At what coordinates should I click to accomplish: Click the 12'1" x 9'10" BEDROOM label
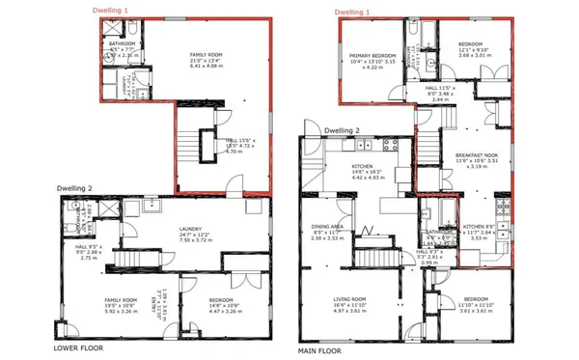pyautogui.click(x=470, y=45)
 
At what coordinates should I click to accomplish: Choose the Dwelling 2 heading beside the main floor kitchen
pyautogui.click(x=342, y=130)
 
